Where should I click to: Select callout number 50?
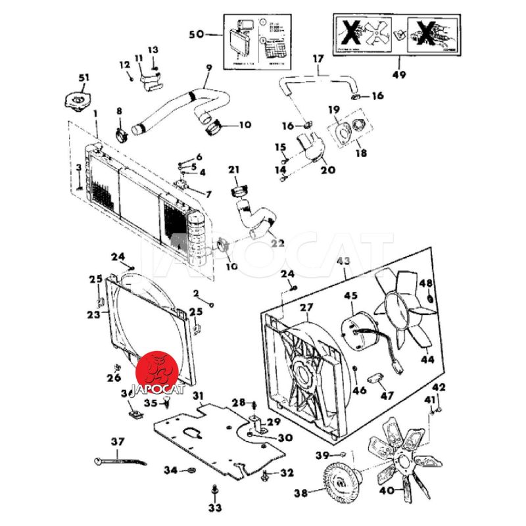coord(197,34)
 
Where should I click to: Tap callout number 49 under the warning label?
coord(399,75)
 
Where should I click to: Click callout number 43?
coord(344,262)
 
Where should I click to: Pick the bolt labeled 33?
coord(216,490)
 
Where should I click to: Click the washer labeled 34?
coord(189,471)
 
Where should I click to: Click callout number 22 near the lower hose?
coord(277,243)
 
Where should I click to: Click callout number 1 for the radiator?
coord(95,114)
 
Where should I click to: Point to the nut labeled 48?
coord(429,300)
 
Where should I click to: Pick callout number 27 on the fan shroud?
coord(306,308)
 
